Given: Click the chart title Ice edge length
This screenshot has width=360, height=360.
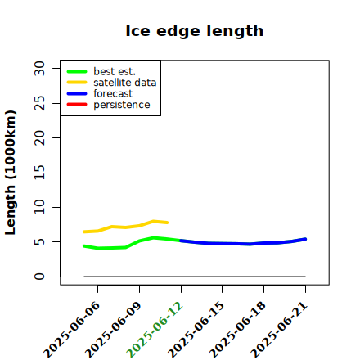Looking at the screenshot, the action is pyautogui.click(x=195, y=31).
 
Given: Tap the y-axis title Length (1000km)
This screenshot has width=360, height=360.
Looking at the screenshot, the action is pyautogui.click(x=11, y=173).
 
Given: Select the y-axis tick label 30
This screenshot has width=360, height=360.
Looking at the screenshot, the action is pyautogui.click(x=39, y=68).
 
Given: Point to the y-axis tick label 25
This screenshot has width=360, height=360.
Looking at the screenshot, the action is pyautogui.click(x=39, y=103).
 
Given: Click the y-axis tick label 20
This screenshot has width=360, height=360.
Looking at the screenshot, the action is pyautogui.click(x=39, y=137).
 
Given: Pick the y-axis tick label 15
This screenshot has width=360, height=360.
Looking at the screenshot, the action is pyautogui.click(x=39, y=173).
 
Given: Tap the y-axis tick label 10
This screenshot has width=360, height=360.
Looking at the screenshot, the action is pyautogui.click(x=39, y=207).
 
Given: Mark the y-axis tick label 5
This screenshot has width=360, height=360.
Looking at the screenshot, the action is pyautogui.click(x=39, y=242).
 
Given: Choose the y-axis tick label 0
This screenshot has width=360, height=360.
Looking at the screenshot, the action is pyautogui.click(x=39, y=277).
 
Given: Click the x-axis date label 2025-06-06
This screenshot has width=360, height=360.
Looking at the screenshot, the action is pyautogui.click(x=71, y=330).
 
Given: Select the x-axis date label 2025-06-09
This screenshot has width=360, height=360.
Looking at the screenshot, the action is pyautogui.click(x=113, y=330).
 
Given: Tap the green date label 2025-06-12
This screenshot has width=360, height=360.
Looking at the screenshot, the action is pyautogui.click(x=155, y=330).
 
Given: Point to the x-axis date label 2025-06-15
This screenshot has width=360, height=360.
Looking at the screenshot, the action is pyautogui.click(x=196, y=330).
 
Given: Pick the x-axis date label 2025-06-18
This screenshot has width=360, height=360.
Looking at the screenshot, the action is pyautogui.click(x=237, y=330).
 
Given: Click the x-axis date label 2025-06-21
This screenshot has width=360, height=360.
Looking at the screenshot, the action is pyautogui.click(x=279, y=330).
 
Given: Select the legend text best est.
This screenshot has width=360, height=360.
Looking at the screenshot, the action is pyautogui.click(x=115, y=71).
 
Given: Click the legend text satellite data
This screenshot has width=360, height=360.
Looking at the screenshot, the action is pyautogui.click(x=125, y=83).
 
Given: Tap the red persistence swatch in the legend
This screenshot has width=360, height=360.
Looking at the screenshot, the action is pyautogui.click(x=77, y=105).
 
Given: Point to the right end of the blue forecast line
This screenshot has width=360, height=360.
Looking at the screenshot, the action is pyautogui.click(x=305, y=239).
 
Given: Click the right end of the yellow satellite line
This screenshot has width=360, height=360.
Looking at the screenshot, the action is pyautogui.click(x=167, y=223).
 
